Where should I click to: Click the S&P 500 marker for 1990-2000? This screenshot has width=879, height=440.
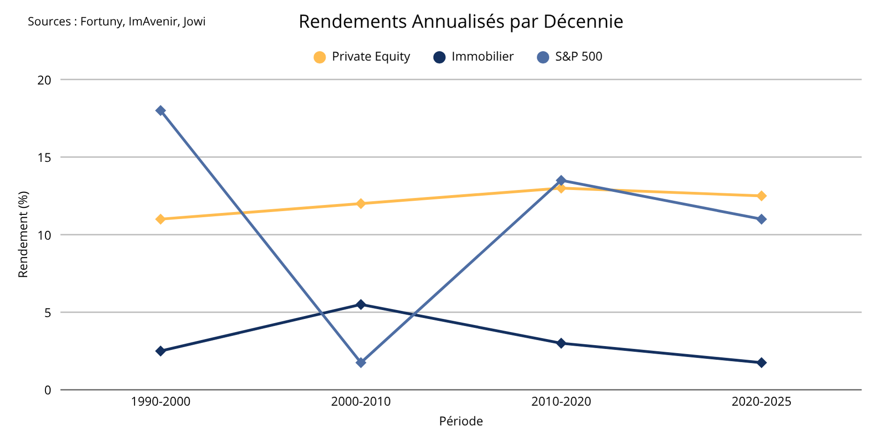(x=160, y=111)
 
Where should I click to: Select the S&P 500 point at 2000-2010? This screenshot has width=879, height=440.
(x=361, y=363)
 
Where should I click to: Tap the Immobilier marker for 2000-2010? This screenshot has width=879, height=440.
(x=361, y=304)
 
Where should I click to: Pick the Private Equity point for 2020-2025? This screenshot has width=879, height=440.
(x=761, y=196)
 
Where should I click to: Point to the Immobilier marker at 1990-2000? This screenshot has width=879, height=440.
(x=160, y=351)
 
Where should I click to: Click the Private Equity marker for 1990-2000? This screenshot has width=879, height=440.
(x=160, y=219)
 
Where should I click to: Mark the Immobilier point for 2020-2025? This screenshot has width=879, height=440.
(x=761, y=363)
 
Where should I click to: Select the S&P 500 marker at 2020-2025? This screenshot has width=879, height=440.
(x=761, y=219)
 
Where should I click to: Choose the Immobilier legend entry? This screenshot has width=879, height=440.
(x=473, y=57)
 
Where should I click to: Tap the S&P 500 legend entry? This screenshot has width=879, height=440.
(x=570, y=57)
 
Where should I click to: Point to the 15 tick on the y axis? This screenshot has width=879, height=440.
(x=45, y=158)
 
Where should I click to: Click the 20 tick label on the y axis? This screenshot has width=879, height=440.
(x=45, y=80)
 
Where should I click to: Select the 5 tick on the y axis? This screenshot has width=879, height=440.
(x=48, y=312)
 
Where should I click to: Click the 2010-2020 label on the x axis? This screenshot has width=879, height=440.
(x=561, y=402)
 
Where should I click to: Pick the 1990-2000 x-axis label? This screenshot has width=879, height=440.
(x=160, y=402)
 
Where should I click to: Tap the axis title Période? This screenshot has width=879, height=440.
(x=461, y=421)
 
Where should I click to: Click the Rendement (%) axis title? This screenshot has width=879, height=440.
(x=23, y=235)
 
